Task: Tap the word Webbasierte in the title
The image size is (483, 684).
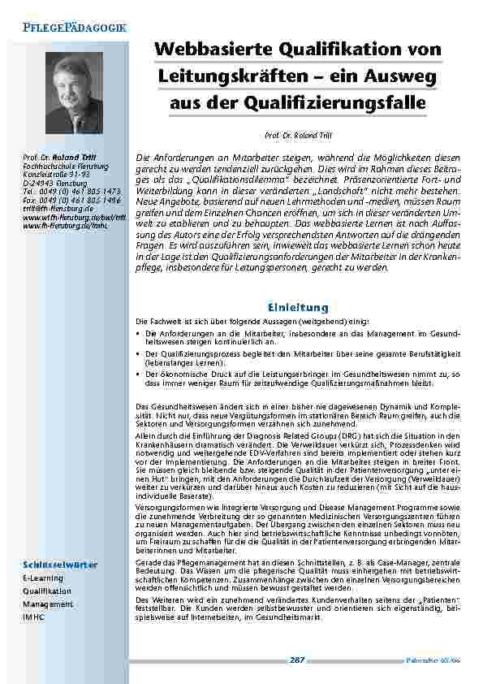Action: (222, 50)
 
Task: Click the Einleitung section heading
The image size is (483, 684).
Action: (298, 307)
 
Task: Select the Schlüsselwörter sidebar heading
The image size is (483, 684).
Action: (59, 565)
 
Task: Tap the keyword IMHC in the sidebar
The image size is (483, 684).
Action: (32, 617)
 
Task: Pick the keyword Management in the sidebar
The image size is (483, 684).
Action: (47, 604)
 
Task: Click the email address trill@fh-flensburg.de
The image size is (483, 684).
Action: (58, 207)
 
